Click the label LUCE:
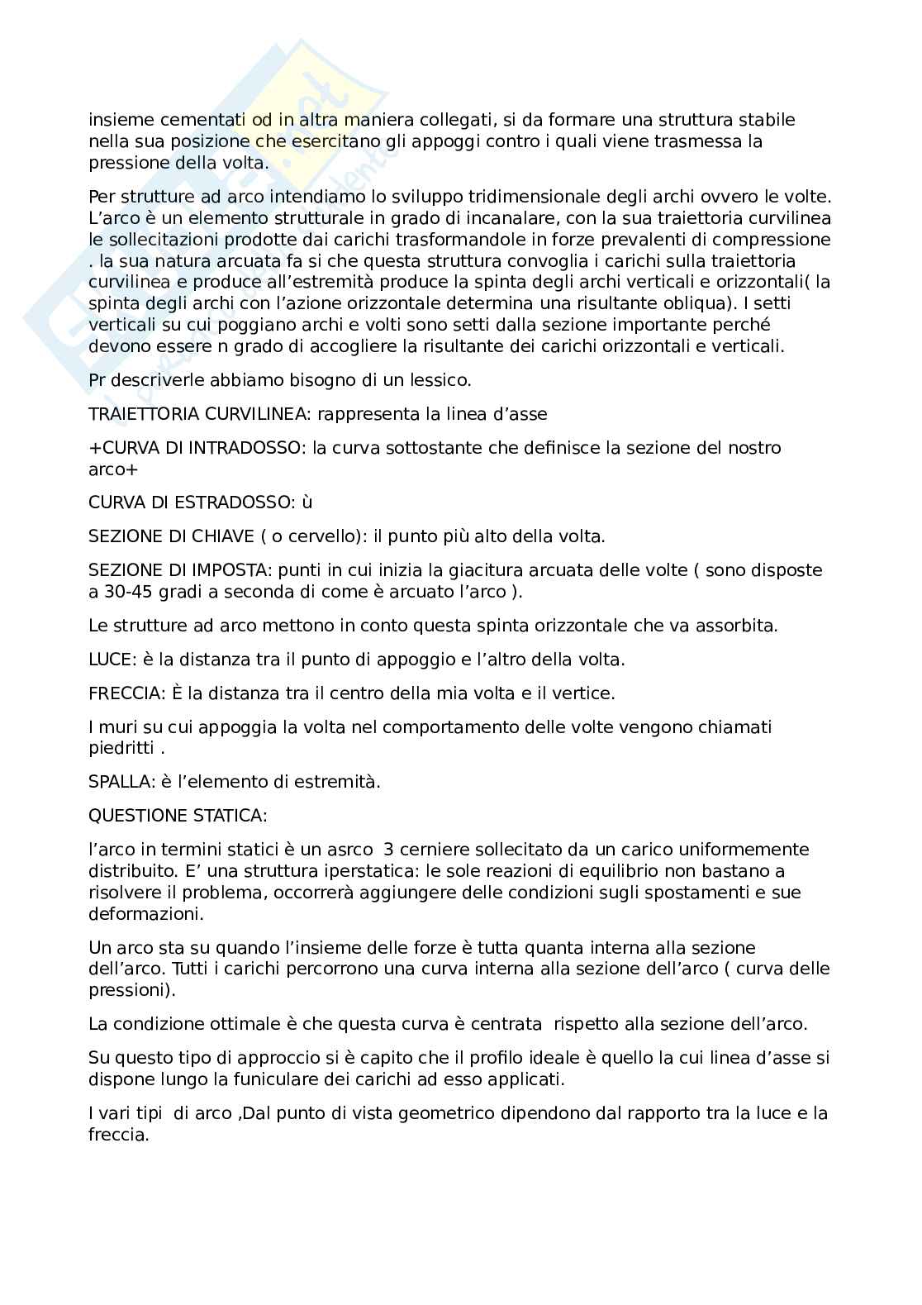tap(112, 660)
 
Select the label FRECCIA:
tap(125, 693)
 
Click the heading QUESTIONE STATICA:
tap(178, 816)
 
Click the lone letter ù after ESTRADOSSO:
tap(307, 502)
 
